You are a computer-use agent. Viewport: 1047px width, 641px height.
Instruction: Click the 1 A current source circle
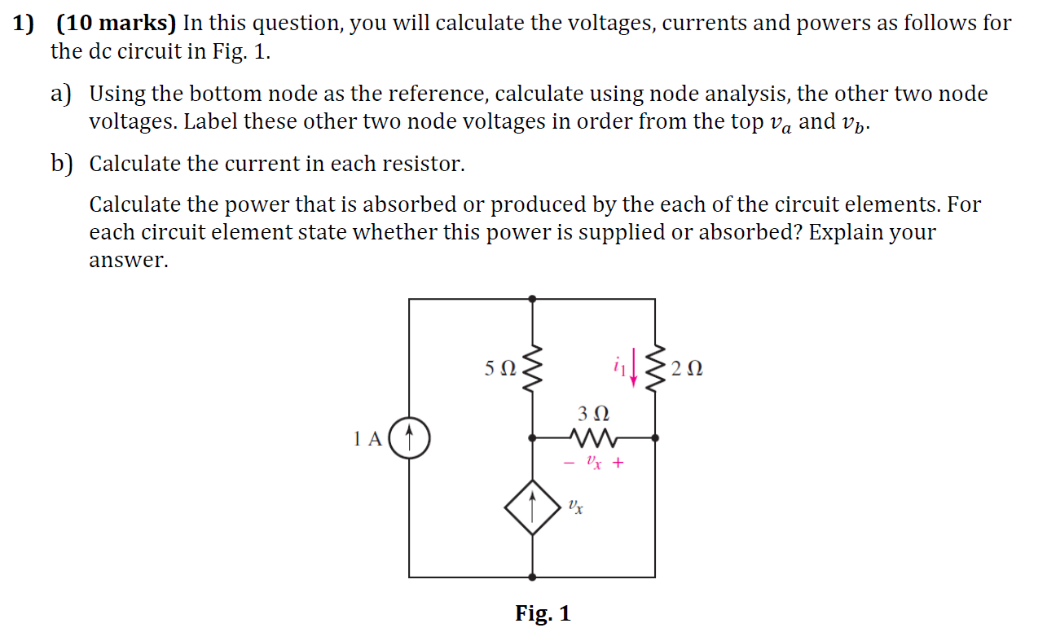pos(409,438)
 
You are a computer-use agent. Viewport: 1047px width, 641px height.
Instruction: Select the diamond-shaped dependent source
pos(532,507)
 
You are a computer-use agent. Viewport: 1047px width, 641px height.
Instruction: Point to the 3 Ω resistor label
pos(593,413)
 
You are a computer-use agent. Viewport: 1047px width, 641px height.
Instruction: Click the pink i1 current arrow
pos(633,371)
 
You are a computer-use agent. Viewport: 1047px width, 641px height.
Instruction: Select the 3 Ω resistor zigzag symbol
pos(594,438)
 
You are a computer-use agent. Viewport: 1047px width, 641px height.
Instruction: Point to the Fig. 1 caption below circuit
pos(543,613)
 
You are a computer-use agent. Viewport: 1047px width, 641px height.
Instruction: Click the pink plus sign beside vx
pos(618,463)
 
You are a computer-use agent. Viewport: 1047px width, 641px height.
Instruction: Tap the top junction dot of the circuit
pos(533,299)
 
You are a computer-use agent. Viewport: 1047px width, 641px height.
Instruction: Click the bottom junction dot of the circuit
pos(533,577)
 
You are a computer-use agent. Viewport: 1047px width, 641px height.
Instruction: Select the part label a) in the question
pos(61,94)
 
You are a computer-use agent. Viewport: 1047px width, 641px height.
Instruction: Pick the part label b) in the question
pos(61,164)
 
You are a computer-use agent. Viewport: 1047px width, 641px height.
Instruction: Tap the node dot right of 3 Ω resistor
pos(655,438)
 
